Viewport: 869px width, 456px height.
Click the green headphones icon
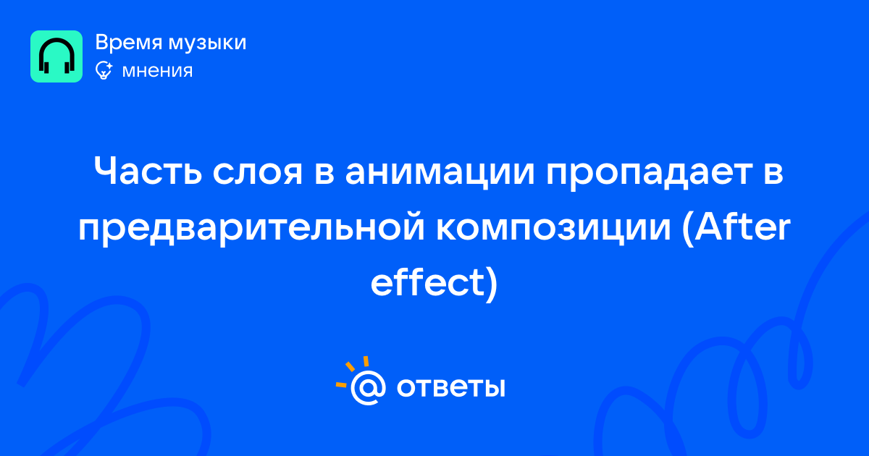pos(56,56)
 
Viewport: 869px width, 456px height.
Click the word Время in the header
pos(128,43)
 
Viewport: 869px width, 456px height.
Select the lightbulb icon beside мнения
pos(104,70)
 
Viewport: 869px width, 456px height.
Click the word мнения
pos(157,71)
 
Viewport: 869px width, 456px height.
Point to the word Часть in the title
pos(148,171)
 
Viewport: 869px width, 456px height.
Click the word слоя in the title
pos(258,172)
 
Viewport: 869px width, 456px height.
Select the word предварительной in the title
pos(251,229)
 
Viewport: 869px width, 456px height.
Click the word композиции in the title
pos(553,229)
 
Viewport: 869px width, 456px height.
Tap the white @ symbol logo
pos(368,387)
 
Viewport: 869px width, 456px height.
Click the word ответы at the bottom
pos(450,387)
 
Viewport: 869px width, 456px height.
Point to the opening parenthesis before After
pos(687,229)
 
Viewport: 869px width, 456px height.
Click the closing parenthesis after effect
pos(492,284)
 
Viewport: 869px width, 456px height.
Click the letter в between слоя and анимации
pos(324,173)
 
